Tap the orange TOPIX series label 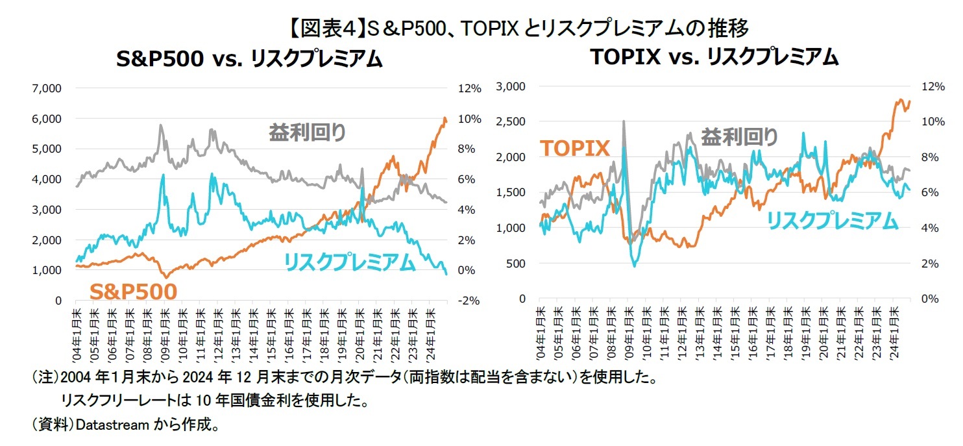point(575,148)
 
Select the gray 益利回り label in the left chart point(308,132)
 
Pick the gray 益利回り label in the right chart point(739,137)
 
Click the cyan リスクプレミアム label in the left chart point(349,262)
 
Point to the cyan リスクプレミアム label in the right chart point(833,221)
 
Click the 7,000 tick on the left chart point(47,88)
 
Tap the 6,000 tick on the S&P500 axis point(47,118)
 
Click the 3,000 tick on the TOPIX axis point(511,86)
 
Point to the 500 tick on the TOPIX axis point(517,264)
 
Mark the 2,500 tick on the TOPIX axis point(511,121)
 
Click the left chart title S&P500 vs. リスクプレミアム point(249,60)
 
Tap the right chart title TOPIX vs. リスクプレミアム point(714,57)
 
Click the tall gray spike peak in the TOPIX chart point(624,121)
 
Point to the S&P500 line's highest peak point(445,118)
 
